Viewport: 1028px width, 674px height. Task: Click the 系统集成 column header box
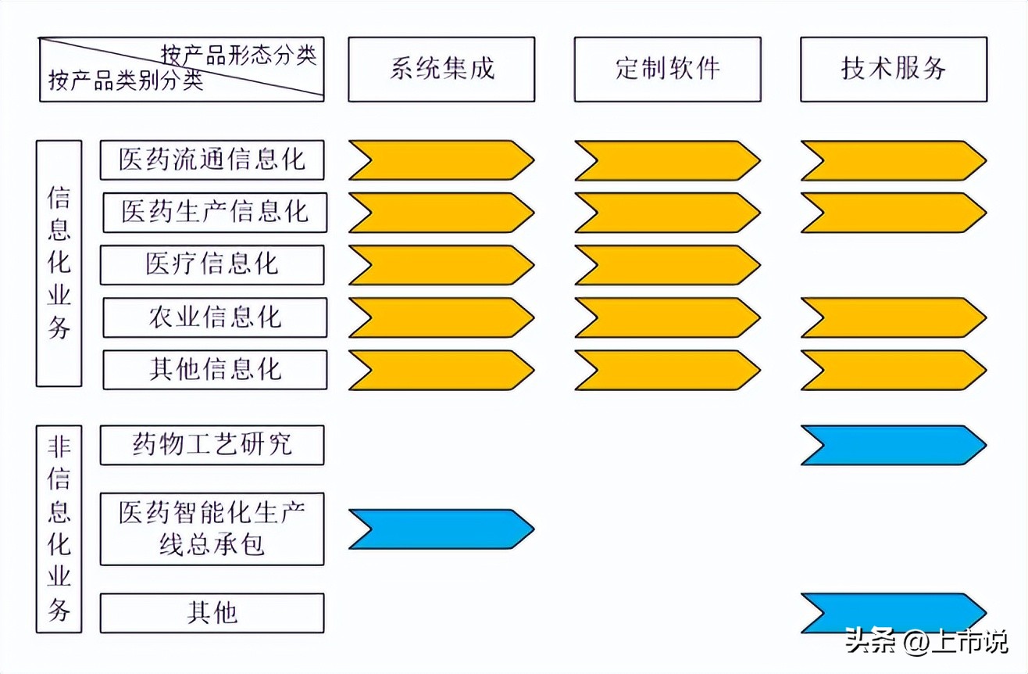pos(441,69)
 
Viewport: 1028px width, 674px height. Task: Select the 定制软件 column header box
pos(667,69)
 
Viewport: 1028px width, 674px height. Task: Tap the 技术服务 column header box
pos(894,69)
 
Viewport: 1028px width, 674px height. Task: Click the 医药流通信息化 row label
pos(212,160)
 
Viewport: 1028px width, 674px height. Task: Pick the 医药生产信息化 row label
pos(215,212)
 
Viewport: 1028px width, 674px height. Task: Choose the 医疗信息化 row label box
pos(212,264)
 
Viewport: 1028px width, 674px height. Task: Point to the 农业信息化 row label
pos(215,317)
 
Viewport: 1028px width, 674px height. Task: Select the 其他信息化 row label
pos(215,369)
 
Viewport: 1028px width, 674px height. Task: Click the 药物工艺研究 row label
pos(212,445)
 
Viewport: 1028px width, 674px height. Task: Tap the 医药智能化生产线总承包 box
pos(212,529)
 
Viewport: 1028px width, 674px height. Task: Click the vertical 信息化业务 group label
pos(59,264)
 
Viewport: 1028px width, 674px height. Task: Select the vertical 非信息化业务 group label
pos(59,529)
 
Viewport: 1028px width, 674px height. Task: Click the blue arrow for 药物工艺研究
pos(894,445)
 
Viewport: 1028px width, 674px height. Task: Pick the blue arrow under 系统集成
pos(441,529)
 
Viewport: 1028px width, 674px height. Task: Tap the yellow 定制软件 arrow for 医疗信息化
pos(667,265)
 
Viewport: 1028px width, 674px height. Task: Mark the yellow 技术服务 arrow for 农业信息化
pos(894,317)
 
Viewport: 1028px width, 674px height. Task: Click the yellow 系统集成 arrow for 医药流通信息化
pos(441,160)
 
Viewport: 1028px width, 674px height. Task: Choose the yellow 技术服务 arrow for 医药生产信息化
pos(894,213)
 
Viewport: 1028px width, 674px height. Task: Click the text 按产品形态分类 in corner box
pos(238,56)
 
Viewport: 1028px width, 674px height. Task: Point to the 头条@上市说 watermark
pos(926,643)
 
